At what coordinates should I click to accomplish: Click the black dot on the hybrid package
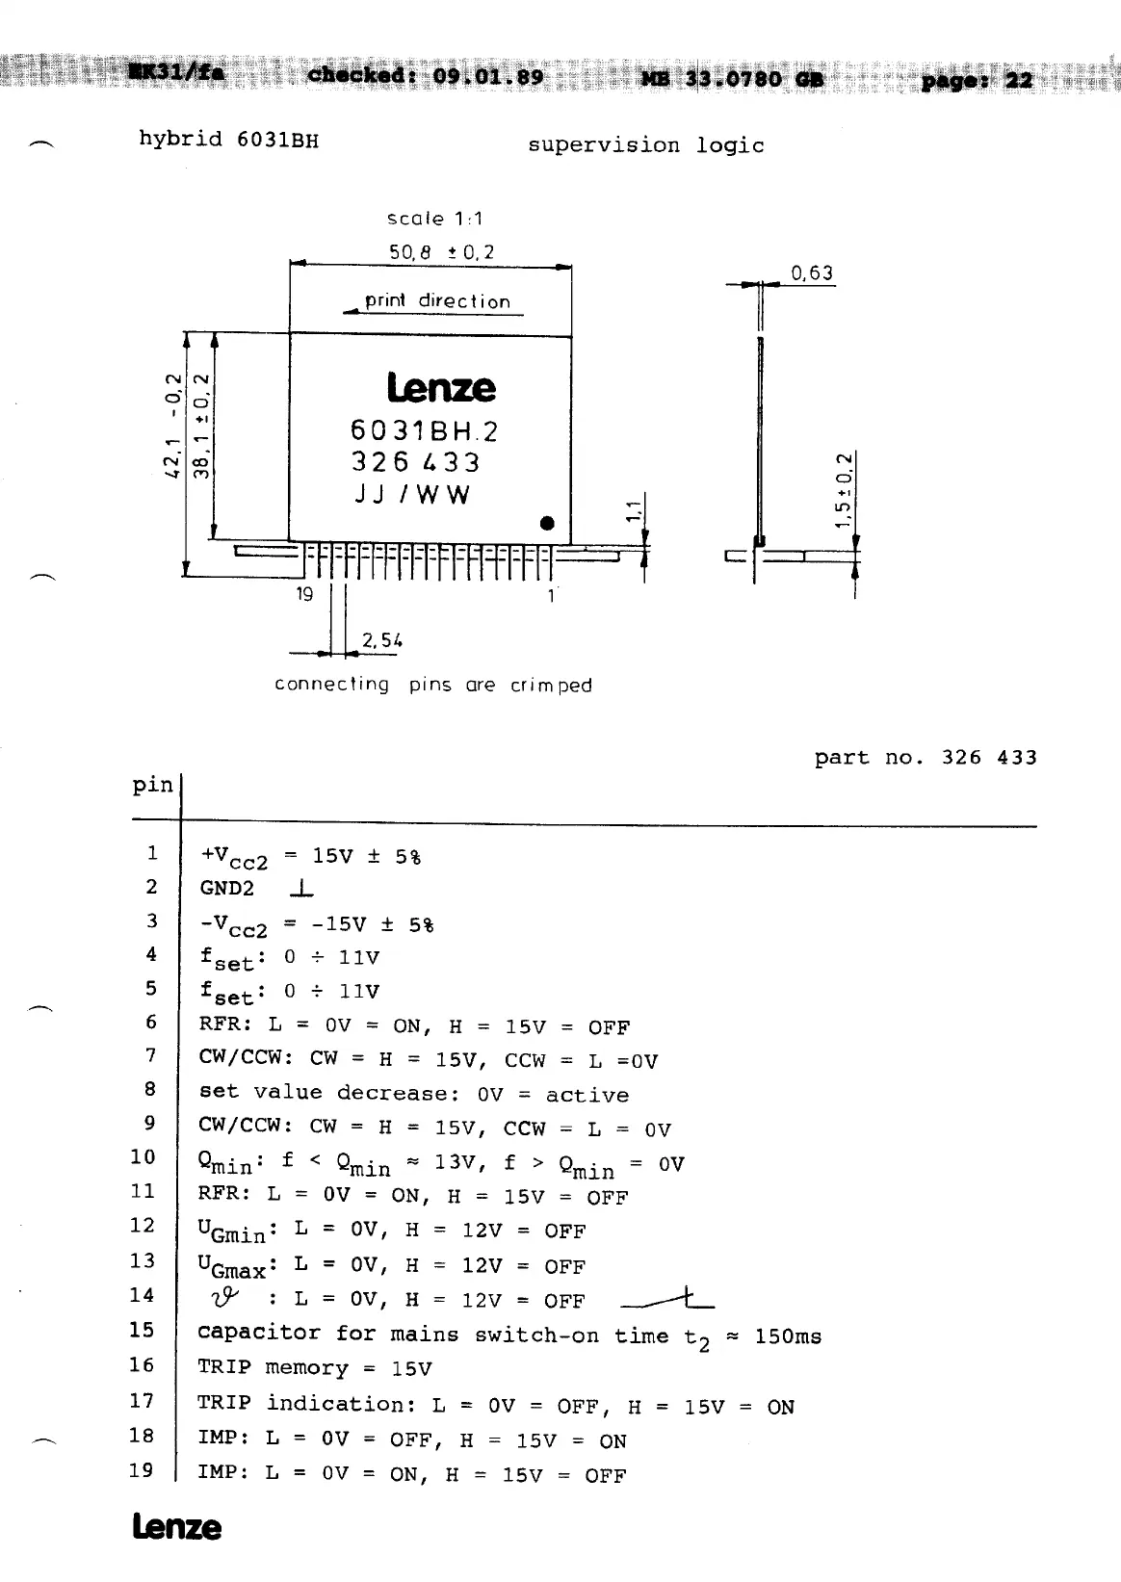click(x=547, y=524)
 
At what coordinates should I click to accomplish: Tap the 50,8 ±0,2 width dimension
click(x=441, y=252)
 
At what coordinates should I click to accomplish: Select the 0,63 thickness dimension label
click(x=812, y=273)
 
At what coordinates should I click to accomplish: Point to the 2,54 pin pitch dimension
click(x=381, y=640)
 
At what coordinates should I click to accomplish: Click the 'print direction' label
click(x=437, y=301)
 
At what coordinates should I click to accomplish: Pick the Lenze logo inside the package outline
click(x=441, y=388)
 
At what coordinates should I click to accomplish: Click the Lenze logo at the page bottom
click(x=176, y=1528)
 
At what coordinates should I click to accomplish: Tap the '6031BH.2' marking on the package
click(x=425, y=430)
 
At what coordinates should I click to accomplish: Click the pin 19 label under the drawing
click(x=304, y=594)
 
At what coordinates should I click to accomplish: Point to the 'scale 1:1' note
click(x=434, y=219)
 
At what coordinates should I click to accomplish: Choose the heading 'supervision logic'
click(x=645, y=145)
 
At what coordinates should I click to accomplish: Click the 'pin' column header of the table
click(x=152, y=785)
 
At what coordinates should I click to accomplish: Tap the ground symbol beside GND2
click(x=302, y=888)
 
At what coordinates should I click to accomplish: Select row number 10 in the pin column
click(x=143, y=1156)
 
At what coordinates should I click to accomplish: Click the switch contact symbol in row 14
click(x=667, y=1301)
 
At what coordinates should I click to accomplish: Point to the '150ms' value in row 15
click(x=788, y=1336)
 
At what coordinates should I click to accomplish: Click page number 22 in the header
click(x=1018, y=81)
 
